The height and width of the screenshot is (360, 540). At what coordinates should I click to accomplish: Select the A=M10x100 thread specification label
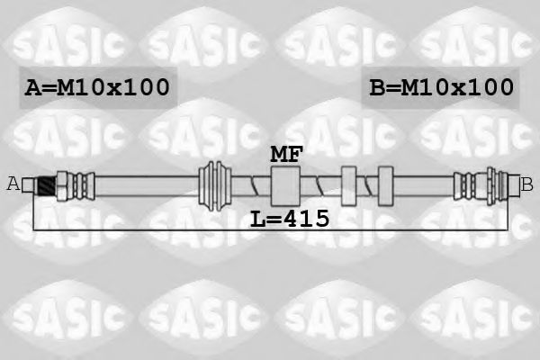point(97,87)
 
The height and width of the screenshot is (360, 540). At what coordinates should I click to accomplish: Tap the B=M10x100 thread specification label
point(442,87)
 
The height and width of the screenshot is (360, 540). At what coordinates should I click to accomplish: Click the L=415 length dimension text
point(288,218)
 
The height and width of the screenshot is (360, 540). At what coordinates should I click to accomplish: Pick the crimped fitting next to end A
point(70,184)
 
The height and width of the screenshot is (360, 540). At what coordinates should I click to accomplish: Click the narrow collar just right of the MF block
point(349,185)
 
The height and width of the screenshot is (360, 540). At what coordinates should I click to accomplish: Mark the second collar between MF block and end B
point(386,185)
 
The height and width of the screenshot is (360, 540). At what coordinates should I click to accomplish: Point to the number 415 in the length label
point(308,218)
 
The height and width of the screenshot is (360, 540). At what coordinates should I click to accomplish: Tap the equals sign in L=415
point(273,219)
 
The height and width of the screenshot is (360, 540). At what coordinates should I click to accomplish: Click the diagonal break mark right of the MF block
point(317,185)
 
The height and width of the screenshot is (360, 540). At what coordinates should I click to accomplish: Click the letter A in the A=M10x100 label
point(31,87)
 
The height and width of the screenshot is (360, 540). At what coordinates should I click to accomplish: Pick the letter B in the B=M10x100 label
point(378,87)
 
